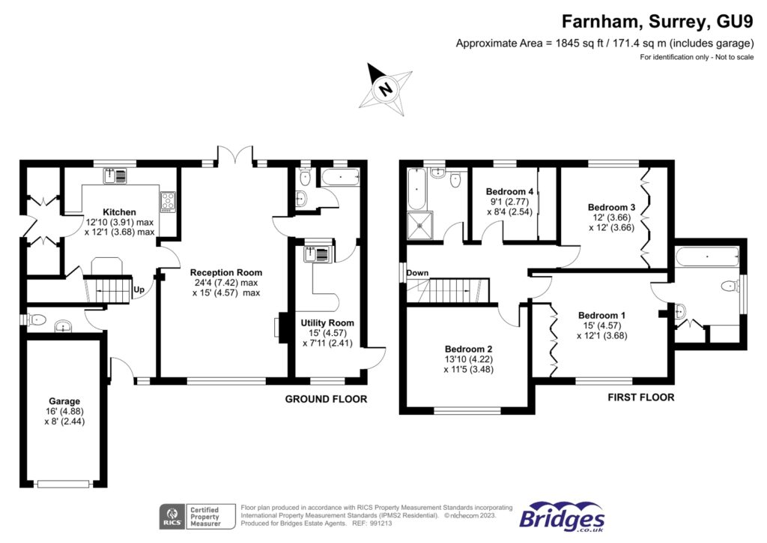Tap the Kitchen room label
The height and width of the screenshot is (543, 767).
coord(118,212)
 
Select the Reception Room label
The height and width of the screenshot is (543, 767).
coord(225,272)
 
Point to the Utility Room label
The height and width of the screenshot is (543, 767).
coord(327,322)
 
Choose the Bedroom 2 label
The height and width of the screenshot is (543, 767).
coord(468,349)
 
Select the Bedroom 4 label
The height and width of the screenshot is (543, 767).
coord(509,191)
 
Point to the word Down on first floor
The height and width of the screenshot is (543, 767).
coord(417,273)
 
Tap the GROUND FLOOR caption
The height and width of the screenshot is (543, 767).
coord(326,399)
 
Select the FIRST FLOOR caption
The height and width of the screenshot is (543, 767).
coord(640,397)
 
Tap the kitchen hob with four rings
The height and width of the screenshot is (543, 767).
coord(167,201)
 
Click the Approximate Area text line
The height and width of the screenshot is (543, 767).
coord(604,43)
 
